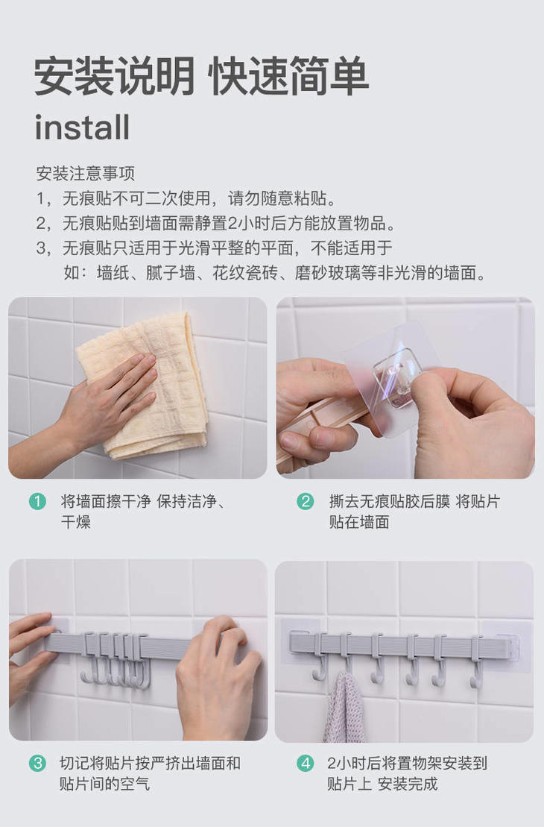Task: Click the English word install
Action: [82, 127]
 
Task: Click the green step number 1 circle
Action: [37, 501]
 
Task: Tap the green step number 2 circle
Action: [306, 501]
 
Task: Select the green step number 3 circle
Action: [37, 763]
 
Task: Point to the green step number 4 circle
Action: [306, 763]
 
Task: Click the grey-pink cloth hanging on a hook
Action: [345, 707]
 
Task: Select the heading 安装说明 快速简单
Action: [201, 77]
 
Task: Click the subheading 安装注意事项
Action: [86, 174]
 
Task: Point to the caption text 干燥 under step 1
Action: [76, 522]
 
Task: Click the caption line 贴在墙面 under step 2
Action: [359, 522]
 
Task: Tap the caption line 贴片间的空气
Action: [104, 784]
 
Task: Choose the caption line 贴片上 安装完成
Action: [382, 784]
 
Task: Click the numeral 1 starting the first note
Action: [40, 199]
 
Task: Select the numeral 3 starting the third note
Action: [40, 248]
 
